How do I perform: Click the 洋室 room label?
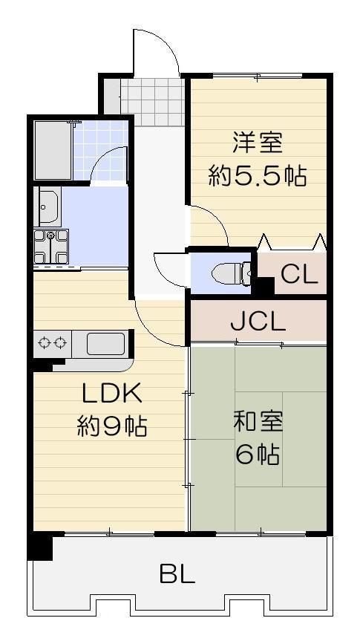(257, 142)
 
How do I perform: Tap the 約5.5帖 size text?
(257, 177)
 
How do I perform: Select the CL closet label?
(299, 274)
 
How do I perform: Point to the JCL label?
(257, 322)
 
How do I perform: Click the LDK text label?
(111, 393)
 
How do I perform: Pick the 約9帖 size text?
(111, 426)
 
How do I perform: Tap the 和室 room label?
(257, 421)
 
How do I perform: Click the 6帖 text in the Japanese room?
(257, 454)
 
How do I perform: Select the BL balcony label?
(177, 573)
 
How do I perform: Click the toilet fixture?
(226, 273)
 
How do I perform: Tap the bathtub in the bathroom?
(52, 150)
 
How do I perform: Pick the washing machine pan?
(50, 247)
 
